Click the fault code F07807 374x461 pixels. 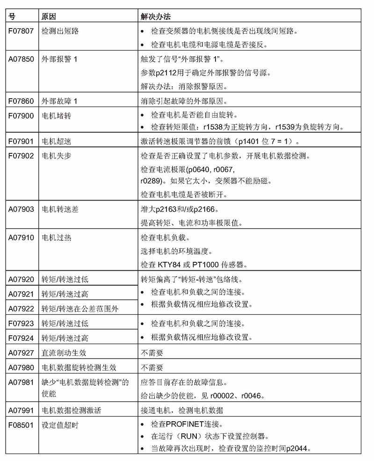(x=21, y=31)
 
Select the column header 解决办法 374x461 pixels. (x=157, y=16)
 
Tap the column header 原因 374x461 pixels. (x=49, y=16)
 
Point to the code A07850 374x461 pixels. (x=21, y=60)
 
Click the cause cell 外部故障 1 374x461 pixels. (x=59, y=101)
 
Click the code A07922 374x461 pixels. (x=21, y=308)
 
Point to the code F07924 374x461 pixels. (x=21, y=338)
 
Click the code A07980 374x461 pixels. (x=21, y=367)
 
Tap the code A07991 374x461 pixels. (x=21, y=411)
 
